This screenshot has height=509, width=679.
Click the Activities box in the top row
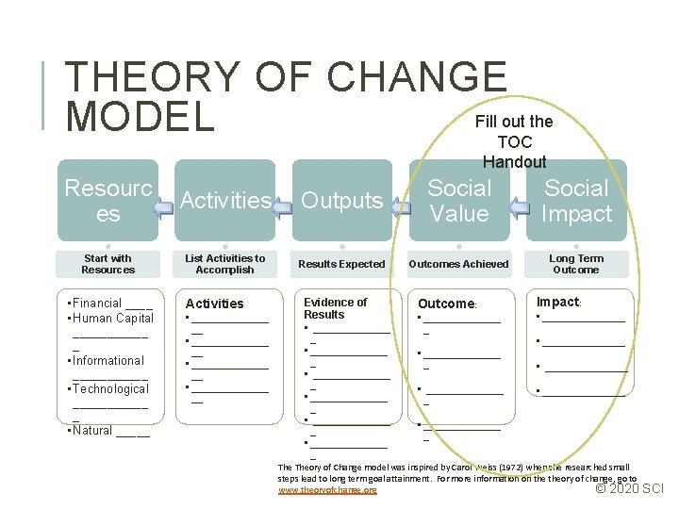(225, 200)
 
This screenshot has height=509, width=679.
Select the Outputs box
(341, 200)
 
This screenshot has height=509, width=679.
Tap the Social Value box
(459, 200)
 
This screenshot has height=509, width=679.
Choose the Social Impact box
(576, 200)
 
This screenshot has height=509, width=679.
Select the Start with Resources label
(108, 264)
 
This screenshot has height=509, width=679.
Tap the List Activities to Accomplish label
(225, 264)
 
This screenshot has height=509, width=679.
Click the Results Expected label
(341, 264)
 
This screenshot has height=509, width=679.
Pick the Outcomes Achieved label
(458, 264)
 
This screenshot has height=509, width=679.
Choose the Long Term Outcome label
(576, 264)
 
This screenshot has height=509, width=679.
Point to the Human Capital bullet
(111, 319)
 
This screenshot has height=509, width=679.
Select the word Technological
(111, 388)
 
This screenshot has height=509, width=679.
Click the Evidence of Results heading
(335, 308)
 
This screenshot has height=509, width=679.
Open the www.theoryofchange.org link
(327, 490)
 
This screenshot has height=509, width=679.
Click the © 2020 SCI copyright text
(631, 488)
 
